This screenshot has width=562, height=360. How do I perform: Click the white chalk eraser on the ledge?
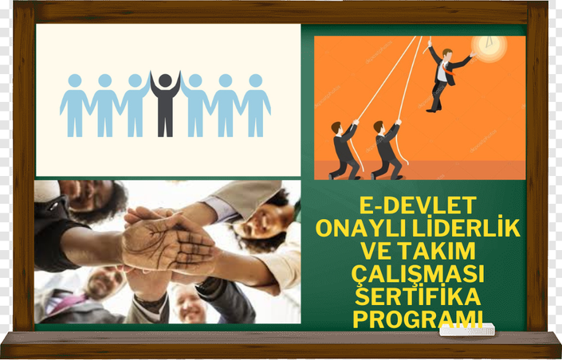coord(466,330)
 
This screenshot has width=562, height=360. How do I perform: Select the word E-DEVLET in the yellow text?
coord(418,205)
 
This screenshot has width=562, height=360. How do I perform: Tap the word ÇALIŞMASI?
coord(418,274)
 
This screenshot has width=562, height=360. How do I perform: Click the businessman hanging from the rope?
coord(448,77)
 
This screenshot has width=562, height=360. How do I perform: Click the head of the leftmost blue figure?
coord(75,80)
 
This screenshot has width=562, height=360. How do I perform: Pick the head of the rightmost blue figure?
coord(256,80)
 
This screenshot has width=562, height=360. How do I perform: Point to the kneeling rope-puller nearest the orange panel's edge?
coord(345,150)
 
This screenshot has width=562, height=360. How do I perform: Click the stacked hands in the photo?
coord(168,241)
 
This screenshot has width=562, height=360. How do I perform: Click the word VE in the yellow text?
coord(374,251)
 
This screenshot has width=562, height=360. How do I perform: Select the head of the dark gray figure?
coord(165,80)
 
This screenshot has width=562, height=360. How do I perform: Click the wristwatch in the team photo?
coord(206,286)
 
